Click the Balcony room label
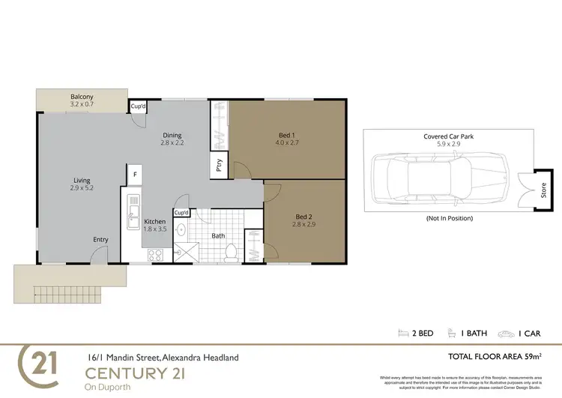pos(82,101)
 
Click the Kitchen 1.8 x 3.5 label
pos(154,226)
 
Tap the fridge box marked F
pos(134,175)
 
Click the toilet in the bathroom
pos(232,253)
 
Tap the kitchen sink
pos(133,211)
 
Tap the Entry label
pos(100,240)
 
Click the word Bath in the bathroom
pos(218,235)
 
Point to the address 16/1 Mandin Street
pos(161,358)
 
